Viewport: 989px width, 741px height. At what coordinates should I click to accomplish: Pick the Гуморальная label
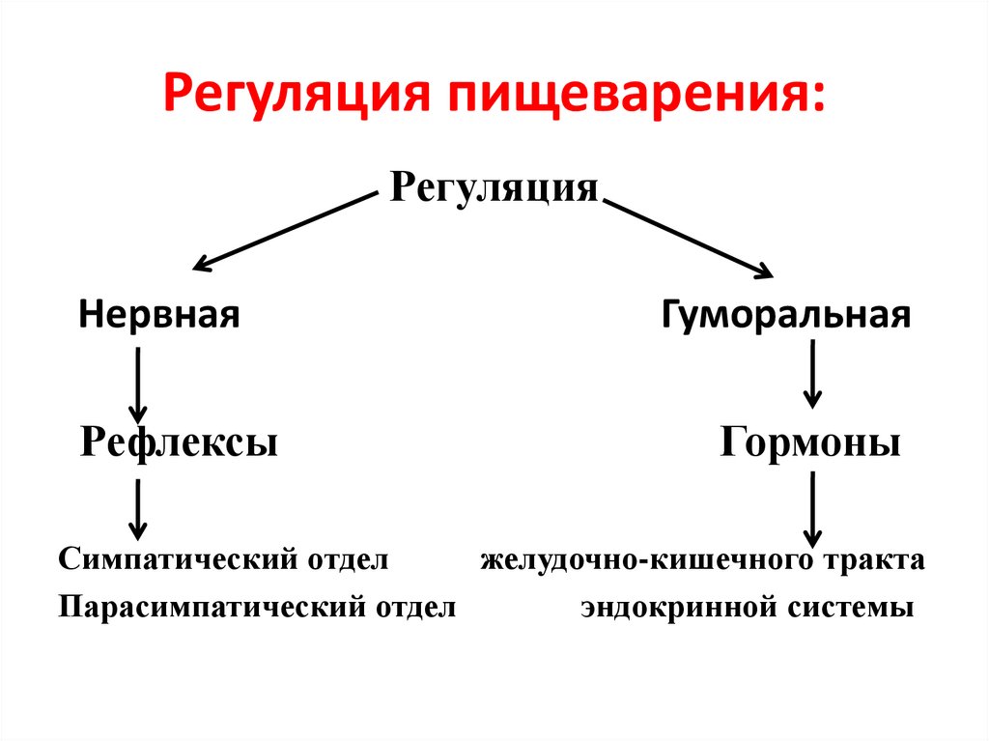pos(785,314)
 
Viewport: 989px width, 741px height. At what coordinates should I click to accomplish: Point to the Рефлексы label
pos(179,442)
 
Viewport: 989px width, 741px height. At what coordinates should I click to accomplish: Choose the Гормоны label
pos(810,442)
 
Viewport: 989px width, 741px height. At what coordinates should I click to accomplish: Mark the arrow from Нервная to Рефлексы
pos(139,385)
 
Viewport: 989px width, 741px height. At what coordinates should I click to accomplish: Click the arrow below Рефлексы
pos(139,509)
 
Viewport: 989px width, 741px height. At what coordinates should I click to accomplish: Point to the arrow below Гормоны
pos(812,509)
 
